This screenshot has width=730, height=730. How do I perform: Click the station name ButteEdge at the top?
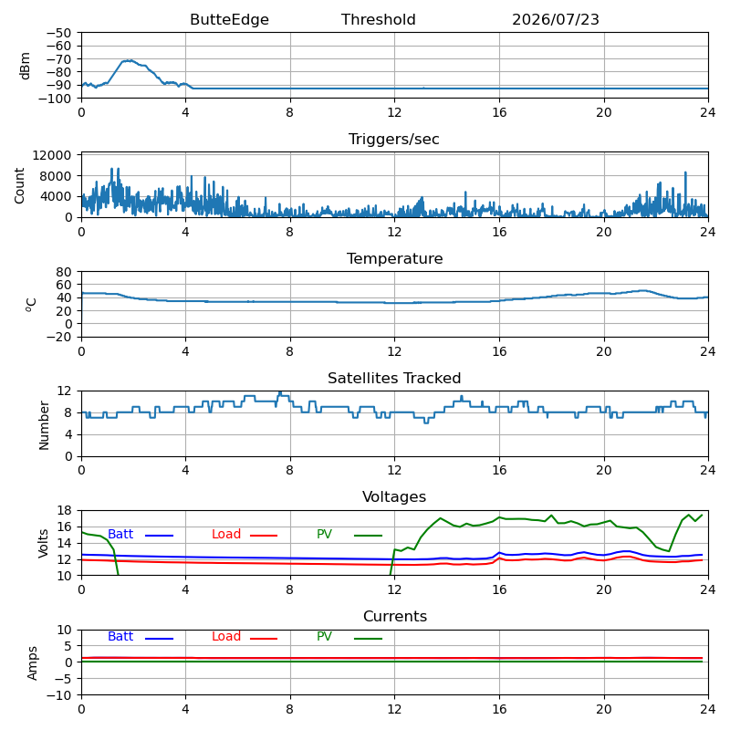(x=229, y=20)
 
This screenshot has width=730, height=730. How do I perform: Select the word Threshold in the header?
(x=378, y=19)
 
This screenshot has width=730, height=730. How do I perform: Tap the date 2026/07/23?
(x=556, y=20)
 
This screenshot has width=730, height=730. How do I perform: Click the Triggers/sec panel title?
(x=394, y=140)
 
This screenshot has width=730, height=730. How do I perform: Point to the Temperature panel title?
(x=394, y=259)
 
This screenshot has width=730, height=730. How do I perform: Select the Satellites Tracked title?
(x=394, y=378)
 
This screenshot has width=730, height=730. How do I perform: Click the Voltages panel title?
(x=394, y=497)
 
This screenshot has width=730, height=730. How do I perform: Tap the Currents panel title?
(x=395, y=617)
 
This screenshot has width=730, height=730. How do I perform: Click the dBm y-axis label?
(x=25, y=66)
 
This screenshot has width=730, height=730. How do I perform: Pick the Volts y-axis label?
(x=43, y=543)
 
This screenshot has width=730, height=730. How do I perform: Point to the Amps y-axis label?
(x=32, y=663)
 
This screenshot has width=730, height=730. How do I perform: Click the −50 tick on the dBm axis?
(x=58, y=33)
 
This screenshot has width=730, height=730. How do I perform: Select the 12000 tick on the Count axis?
(x=52, y=155)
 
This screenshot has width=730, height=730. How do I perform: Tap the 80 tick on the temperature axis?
(x=64, y=272)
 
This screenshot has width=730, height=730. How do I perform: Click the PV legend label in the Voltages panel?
(x=324, y=534)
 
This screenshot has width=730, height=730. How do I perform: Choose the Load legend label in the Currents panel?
(x=225, y=636)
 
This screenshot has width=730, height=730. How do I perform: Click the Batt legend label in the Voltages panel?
(x=120, y=534)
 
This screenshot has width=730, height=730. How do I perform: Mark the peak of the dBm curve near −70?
(x=130, y=60)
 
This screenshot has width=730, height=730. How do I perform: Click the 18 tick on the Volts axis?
(x=64, y=511)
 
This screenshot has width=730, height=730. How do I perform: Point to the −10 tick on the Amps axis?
(x=58, y=695)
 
